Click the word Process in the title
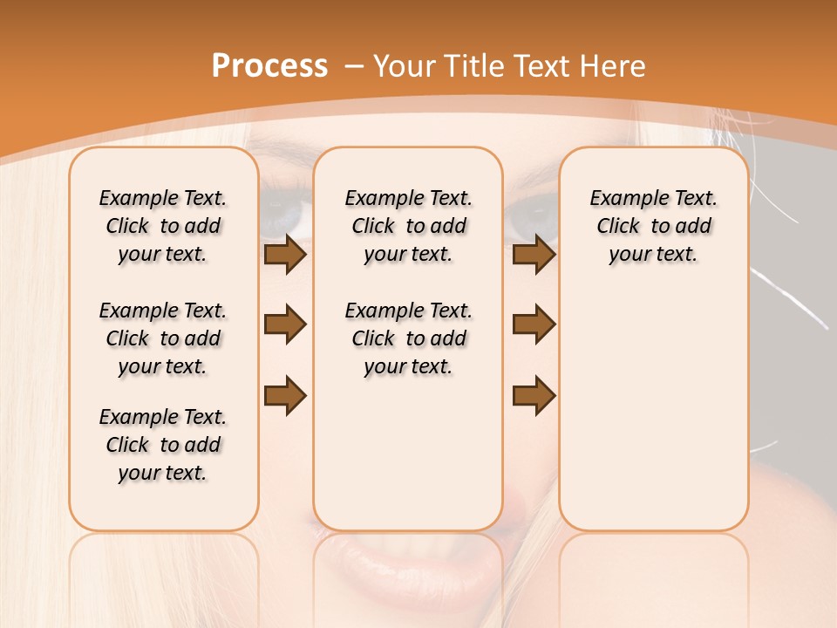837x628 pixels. coord(269,65)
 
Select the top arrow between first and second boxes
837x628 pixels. coord(284,255)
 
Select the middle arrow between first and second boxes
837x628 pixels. coord(284,324)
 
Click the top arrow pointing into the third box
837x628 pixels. coord(534,255)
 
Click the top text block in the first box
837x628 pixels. coord(163,226)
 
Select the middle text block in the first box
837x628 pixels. coord(163,338)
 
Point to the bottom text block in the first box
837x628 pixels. coord(163,445)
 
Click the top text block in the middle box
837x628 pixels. coord(408,226)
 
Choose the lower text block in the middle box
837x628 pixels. coord(408,338)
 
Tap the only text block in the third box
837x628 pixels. coord(653,226)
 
